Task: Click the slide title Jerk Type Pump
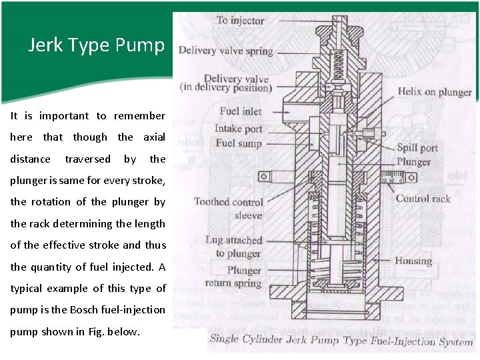[97, 45]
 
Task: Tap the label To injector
[240, 21]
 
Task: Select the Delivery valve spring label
[225, 51]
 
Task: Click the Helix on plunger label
[435, 92]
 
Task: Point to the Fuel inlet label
[241, 111]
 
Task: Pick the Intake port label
[239, 129]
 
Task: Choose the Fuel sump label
[239, 143]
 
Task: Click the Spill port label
[417, 148]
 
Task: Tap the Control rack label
[423, 199]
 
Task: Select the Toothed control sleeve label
[229, 208]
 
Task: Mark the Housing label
[413, 261]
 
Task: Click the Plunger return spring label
[233, 277]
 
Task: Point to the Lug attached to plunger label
[233, 247]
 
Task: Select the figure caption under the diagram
[341, 340]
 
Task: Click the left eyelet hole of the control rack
[263, 177]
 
